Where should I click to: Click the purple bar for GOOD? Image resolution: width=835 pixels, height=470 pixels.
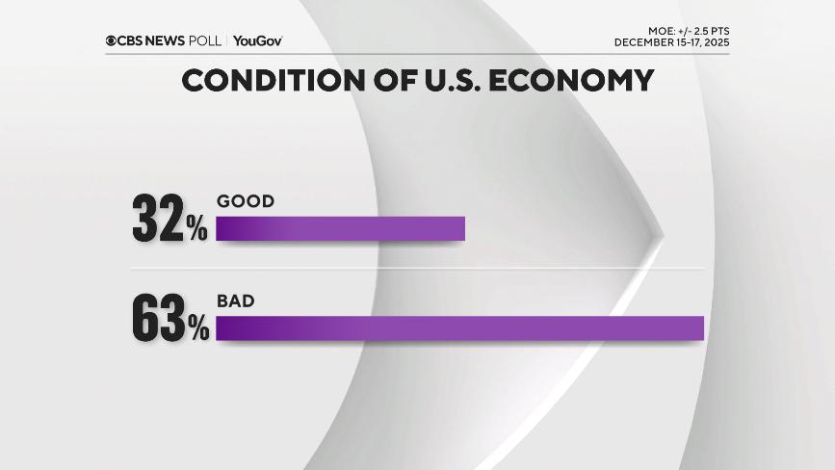pos(340,228)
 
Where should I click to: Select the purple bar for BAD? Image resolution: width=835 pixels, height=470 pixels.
pos(459,327)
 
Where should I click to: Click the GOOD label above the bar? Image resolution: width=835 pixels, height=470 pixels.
pos(246,201)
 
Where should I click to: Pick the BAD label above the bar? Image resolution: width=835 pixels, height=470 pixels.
pos(235,300)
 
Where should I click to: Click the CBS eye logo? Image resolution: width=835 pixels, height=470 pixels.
pos(112,40)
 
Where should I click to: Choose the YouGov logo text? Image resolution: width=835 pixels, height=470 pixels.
pos(257,40)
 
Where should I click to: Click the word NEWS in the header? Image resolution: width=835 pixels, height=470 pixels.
pos(170,40)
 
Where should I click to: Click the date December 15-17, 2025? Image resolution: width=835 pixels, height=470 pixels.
pos(671,42)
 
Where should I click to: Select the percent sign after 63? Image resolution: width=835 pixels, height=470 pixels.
pos(197,329)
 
